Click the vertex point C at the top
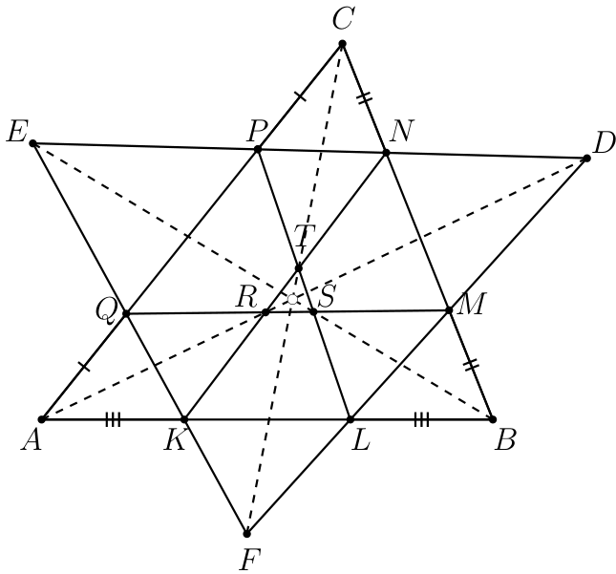pos(342,43)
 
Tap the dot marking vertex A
pos(43,419)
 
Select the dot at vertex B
pos(493,419)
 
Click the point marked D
pos(587,159)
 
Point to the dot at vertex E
pos(33,143)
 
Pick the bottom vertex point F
pos(246,534)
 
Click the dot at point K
pos(184,419)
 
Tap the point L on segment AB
pos(350,419)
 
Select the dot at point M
pos(450,310)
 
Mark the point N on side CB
pos(386,153)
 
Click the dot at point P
pos(258,149)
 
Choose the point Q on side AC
pos(126,313)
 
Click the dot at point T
pos(299,268)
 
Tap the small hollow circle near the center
pos(292,299)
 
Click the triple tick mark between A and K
pos(113,419)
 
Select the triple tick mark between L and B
pos(421,419)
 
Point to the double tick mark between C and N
pos(365,97)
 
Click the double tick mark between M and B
pos(472,364)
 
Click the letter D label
pos(604,143)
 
